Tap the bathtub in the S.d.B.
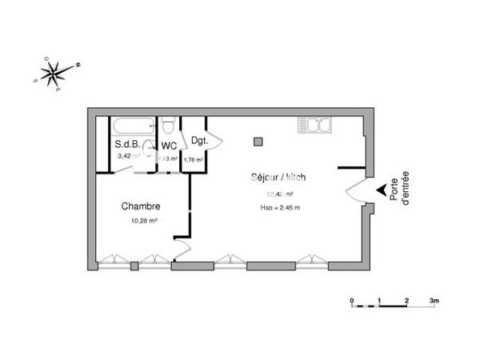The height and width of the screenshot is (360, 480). pos(131,126)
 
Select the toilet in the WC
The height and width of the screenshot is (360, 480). pos(168,128)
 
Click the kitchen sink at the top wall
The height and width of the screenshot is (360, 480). pos(314,125)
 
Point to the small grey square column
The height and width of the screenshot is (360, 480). pos(258,142)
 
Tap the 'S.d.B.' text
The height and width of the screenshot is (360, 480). pos(128,145)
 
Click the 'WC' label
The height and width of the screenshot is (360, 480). pos(169,146)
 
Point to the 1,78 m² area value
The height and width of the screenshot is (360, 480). pos(193,159)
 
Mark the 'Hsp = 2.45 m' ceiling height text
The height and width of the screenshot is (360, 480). pos(280,208)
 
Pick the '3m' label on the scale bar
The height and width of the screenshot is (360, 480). pos(434,301)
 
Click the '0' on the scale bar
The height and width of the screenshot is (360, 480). pos(351,301)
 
